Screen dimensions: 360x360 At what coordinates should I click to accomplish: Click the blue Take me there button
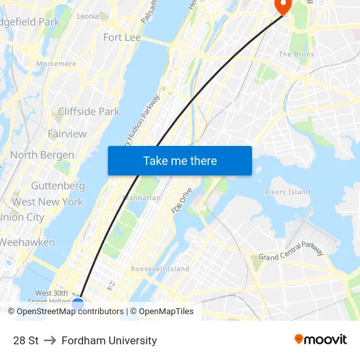click(x=180, y=160)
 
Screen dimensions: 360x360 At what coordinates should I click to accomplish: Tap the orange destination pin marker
click(x=283, y=5)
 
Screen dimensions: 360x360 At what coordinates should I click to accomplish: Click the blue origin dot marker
click(x=78, y=304)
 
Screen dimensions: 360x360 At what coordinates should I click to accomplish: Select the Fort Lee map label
click(x=122, y=37)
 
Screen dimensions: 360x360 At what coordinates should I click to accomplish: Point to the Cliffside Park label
click(x=89, y=111)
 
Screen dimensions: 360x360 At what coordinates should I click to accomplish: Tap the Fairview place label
click(x=67, y=134)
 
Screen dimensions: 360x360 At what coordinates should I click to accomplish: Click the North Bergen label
click(x=42, y=155)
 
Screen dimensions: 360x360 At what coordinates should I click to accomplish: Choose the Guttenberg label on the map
click(x=58, y=186)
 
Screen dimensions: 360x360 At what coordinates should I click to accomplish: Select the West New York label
click(x=48, y=202)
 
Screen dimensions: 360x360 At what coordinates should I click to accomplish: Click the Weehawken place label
click(x=27, y=242)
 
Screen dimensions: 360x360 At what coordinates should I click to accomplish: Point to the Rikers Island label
click(x=287, y=192)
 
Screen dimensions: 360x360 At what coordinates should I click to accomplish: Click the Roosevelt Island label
click(x=160, y=268)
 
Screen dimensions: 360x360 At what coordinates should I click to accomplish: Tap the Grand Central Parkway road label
click(x=291, y=251)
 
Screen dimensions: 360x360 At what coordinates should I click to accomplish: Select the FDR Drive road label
click(x=182, y=200)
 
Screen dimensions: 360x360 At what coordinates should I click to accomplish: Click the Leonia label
click(x=88, y=16)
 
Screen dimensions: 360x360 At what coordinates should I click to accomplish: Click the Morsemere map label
click(x=56, y=64)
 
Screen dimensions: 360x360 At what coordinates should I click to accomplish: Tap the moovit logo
click(x=321, y=340)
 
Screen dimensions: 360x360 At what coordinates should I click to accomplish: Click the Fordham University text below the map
click(x=109, y=340)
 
